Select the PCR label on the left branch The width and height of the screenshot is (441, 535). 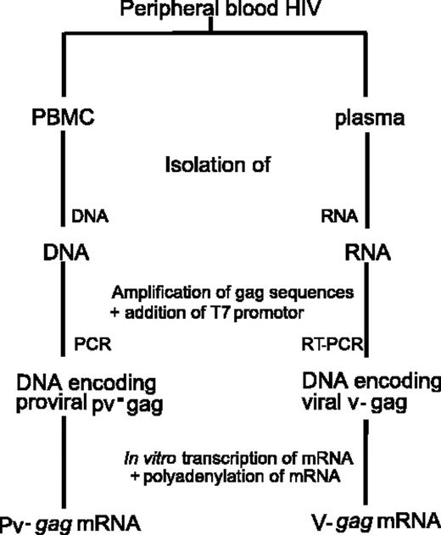92,346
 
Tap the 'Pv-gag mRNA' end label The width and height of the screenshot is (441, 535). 64,521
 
